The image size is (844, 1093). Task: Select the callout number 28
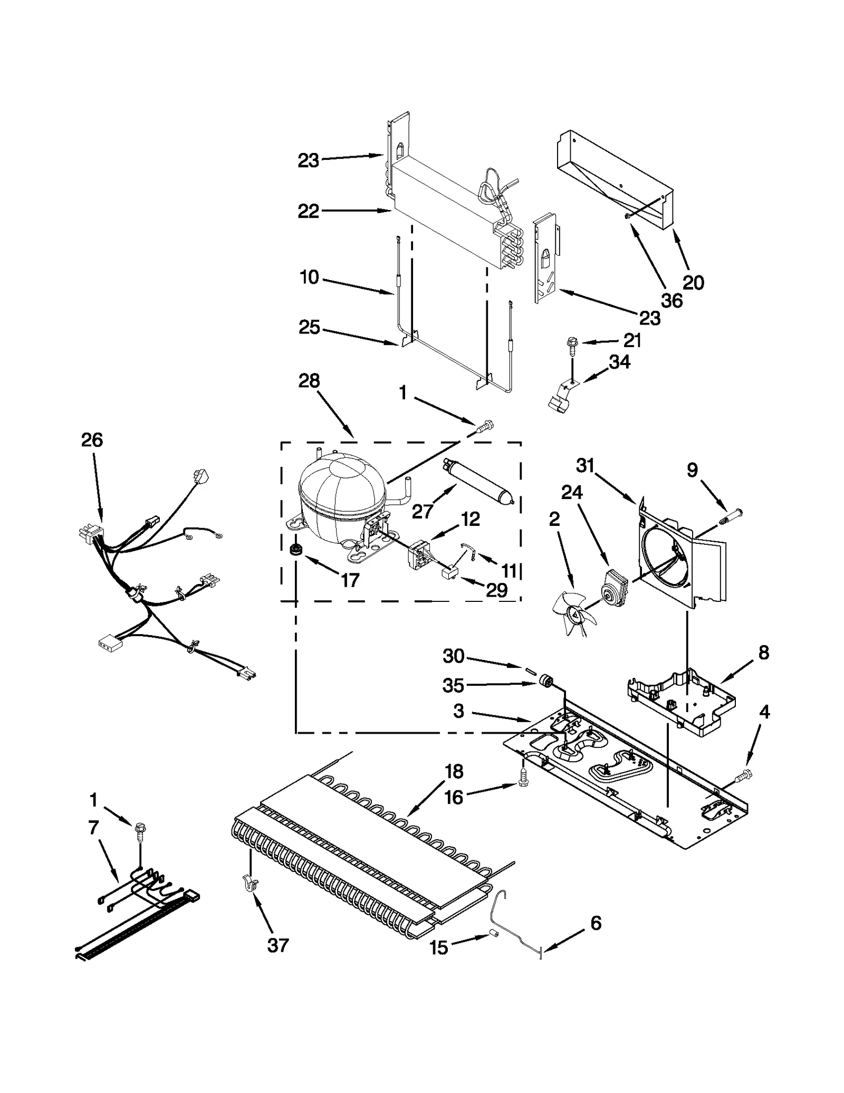point(309,380)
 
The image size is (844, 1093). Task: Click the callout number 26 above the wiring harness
point(92,440)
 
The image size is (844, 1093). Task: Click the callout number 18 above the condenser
point(454,771)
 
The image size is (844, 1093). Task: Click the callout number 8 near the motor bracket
point(763,653)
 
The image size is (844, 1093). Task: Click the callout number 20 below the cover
point(693,283)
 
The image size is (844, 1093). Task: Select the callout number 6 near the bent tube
point(596,923)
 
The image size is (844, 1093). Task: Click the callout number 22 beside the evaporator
point(309,211)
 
